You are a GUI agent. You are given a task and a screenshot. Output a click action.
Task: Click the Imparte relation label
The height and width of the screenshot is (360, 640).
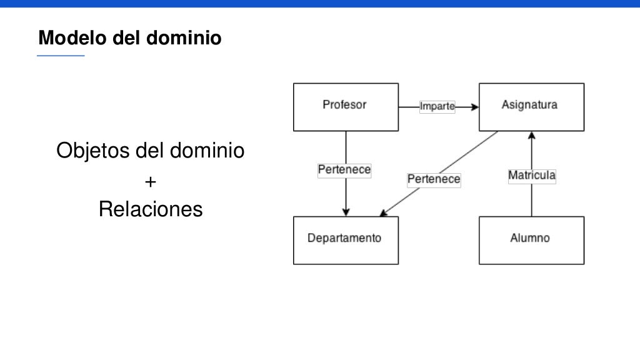pos(437,107)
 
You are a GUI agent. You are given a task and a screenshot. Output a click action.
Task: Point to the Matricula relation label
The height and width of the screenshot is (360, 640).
pos(532,176)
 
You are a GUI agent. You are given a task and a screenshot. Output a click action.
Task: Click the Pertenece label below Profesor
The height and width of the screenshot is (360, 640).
pos(344,169)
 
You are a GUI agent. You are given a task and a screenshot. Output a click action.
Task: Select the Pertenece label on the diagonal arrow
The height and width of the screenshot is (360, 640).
pos(434,179)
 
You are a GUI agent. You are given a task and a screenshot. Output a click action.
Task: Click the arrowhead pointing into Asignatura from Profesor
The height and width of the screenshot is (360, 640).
pos(474,107)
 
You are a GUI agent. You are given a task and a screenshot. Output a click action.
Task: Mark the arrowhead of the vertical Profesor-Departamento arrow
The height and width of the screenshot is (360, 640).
pos(346,212)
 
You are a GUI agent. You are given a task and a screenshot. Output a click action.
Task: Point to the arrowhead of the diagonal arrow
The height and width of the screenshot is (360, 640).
pos(384,213)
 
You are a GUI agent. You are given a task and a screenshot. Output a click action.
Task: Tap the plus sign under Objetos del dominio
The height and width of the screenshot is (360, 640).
pos(150,182)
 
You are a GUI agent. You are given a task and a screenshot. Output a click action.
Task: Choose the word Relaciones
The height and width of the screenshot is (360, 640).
pos(151,209)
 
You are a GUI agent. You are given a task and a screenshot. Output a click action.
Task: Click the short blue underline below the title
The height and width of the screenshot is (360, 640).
pos(61,56)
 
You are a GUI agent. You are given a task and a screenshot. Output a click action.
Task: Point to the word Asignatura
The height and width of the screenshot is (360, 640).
pos(529,104)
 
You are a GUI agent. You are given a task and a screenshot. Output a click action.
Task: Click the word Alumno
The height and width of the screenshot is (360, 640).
pos(530,238)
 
